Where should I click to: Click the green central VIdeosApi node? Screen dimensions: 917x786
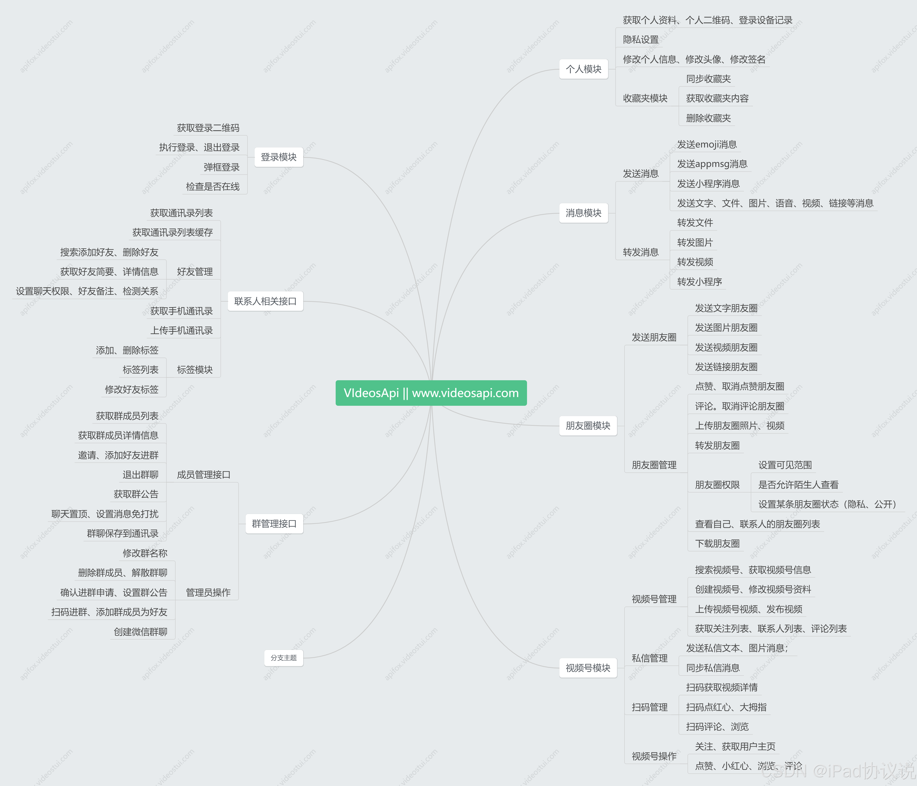pos(431,393)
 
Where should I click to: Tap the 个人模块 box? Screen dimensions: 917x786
pos(583,69)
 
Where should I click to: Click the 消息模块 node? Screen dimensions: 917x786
pos(583,213)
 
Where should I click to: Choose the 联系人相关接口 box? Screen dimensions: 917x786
pos(265,301)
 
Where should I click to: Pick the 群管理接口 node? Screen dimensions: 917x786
pos(274,524)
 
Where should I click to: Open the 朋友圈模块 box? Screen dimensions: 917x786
pos(588,425)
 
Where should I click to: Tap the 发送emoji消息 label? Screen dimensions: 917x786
pos(707,145)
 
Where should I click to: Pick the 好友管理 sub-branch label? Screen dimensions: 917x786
pos(195,272)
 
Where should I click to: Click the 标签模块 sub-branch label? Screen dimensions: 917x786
pos(195,370)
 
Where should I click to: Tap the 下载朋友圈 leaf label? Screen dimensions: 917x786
pos(717,544)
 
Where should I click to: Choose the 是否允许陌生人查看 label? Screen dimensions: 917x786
pos(798,485)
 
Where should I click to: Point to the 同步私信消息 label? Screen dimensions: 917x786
pos(712,668)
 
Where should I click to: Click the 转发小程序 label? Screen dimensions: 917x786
pos(699,282)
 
